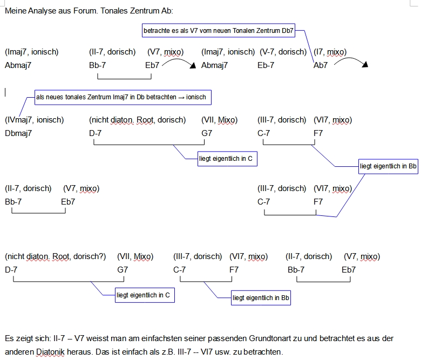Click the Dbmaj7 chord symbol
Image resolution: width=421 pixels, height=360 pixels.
point(18,133)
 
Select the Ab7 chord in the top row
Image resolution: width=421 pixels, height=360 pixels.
point(321,65)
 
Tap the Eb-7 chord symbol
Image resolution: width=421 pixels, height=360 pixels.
point(266,65)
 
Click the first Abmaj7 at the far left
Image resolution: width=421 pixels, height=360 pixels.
point(18,65)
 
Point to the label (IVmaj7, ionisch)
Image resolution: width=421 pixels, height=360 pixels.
point(35,120)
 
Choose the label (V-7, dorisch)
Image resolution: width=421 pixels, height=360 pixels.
point(283,52)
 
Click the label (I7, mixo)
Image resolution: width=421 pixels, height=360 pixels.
point(330,52)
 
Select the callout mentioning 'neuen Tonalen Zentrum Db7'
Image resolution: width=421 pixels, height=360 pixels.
point(219,31)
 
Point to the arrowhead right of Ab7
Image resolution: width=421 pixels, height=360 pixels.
point(365,65)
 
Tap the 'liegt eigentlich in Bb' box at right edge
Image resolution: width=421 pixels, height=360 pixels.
point(388,166)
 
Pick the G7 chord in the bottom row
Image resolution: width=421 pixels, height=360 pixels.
point(123,269)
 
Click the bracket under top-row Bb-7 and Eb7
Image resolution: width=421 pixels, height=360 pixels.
point(121,79)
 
